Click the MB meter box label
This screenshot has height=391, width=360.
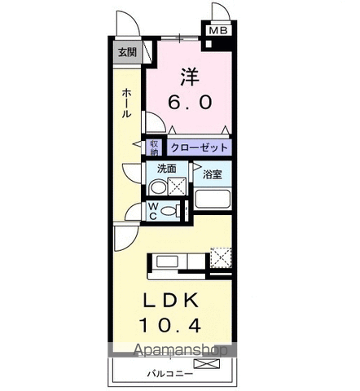coord(218,30)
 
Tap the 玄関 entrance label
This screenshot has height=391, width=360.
coord(127,51)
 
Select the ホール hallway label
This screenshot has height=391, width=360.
coord(127,103)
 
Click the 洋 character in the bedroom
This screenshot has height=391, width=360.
coord(190,77)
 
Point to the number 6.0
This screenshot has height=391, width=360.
coord(190,102)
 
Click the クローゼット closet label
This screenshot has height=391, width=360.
coord(199,147)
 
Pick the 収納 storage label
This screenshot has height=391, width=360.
coord(154,147)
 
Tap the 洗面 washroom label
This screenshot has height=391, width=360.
coord(167,169)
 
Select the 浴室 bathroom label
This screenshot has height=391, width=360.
coord(213,174)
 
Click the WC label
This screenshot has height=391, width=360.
coord(153,212)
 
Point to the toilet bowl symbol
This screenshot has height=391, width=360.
coord(169,211)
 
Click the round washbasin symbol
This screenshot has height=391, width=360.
coord(158,187)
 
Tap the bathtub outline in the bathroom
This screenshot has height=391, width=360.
coord(213,200)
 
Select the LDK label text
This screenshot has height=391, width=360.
coord(171,301)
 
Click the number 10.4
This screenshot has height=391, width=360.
coord(170,325)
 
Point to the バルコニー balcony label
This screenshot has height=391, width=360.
coord(170,374)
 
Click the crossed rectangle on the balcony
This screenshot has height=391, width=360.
coord(207,363)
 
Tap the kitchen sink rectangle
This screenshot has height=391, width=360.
coord(168,261)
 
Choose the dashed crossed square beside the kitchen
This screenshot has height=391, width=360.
coord(221,257)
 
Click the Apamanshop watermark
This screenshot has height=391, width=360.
coord(181,349)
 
